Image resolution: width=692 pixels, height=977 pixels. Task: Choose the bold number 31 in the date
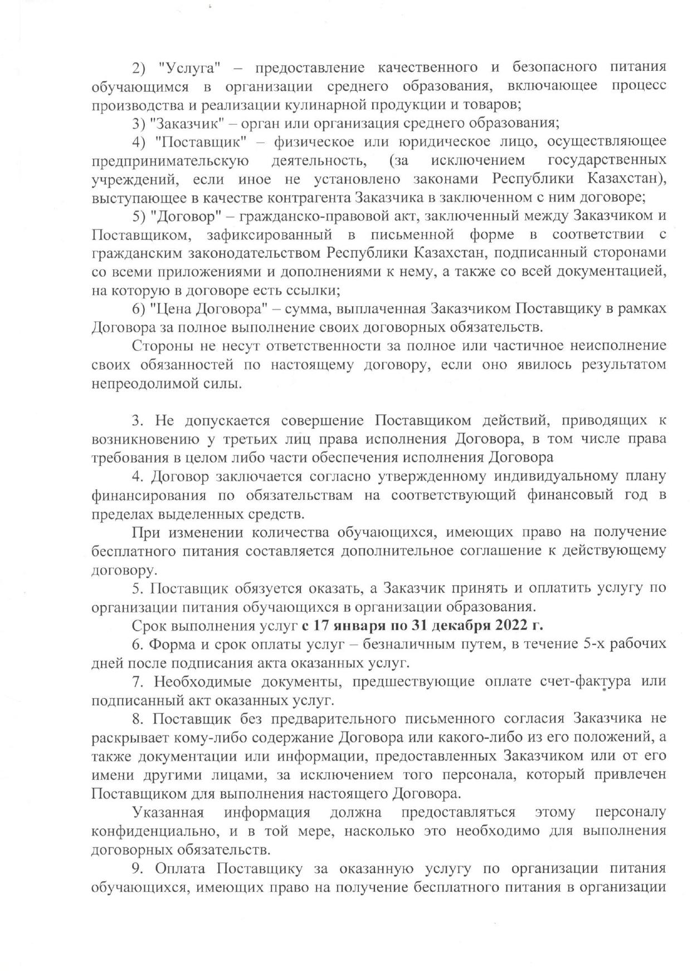[x=420, y=625]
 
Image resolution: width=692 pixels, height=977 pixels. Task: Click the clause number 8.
[x=137, y=719]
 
